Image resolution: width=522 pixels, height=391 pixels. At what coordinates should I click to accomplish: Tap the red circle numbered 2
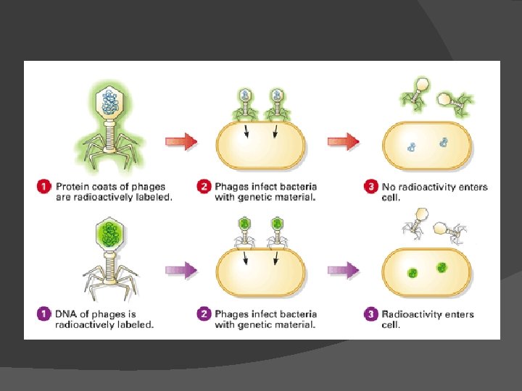tap(204, 188)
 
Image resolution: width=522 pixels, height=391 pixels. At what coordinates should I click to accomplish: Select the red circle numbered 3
tap(370, 188)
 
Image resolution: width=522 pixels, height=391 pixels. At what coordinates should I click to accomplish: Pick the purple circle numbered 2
tap(204, 315)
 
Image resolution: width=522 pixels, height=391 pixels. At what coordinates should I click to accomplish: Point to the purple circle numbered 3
tap(370, 315)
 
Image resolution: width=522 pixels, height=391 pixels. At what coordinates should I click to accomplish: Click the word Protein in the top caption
tap(71, 187)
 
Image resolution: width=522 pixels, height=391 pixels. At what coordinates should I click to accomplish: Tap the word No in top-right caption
tap(389, 187)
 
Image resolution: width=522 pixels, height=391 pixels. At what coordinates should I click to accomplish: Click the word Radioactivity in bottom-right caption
tap(413, 314)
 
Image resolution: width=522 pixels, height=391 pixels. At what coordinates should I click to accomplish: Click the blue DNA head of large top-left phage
tap(111, 102)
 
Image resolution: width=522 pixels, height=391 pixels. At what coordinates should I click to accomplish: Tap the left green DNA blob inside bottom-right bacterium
tap(413, 274)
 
